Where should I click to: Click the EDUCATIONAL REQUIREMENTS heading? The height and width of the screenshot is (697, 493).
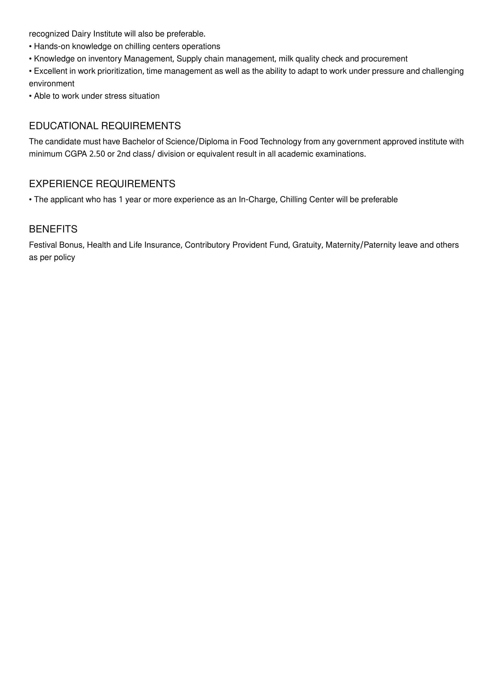coord(105,126)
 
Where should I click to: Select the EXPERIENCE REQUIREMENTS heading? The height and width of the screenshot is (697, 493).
coord(102,184)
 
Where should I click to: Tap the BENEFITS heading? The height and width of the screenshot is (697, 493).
coord(53,229)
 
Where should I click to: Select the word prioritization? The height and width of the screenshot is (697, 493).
coord(120,71)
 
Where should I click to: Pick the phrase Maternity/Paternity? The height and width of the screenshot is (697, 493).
coord(361,245)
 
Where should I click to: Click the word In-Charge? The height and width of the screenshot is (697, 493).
coord(258,199)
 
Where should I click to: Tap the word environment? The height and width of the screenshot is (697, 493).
coord(52,83)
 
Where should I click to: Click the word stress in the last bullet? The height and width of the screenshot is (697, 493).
coord(115,96)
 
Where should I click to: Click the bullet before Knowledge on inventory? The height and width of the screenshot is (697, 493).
coord(30,59)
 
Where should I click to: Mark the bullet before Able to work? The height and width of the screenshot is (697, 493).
coord(30,96)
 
